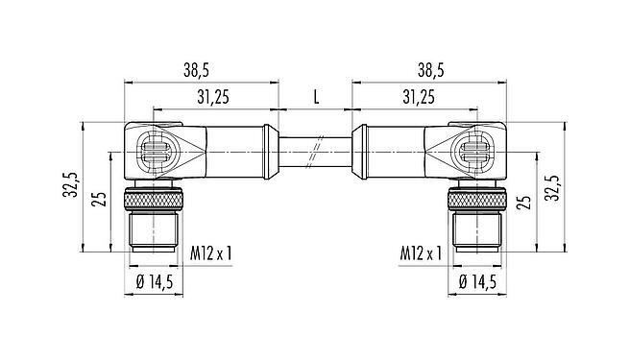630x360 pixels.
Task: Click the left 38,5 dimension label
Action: click(197, 71)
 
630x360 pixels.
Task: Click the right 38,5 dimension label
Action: click(430, 71)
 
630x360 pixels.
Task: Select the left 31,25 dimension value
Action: click(213, 97)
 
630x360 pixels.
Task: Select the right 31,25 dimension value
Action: click(419, 97)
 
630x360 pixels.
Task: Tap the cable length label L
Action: click(316, 97)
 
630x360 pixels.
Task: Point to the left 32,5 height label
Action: click(70, 184)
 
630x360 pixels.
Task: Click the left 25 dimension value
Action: click(99, 200)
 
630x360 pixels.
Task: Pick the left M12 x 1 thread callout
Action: click(211, 254)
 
